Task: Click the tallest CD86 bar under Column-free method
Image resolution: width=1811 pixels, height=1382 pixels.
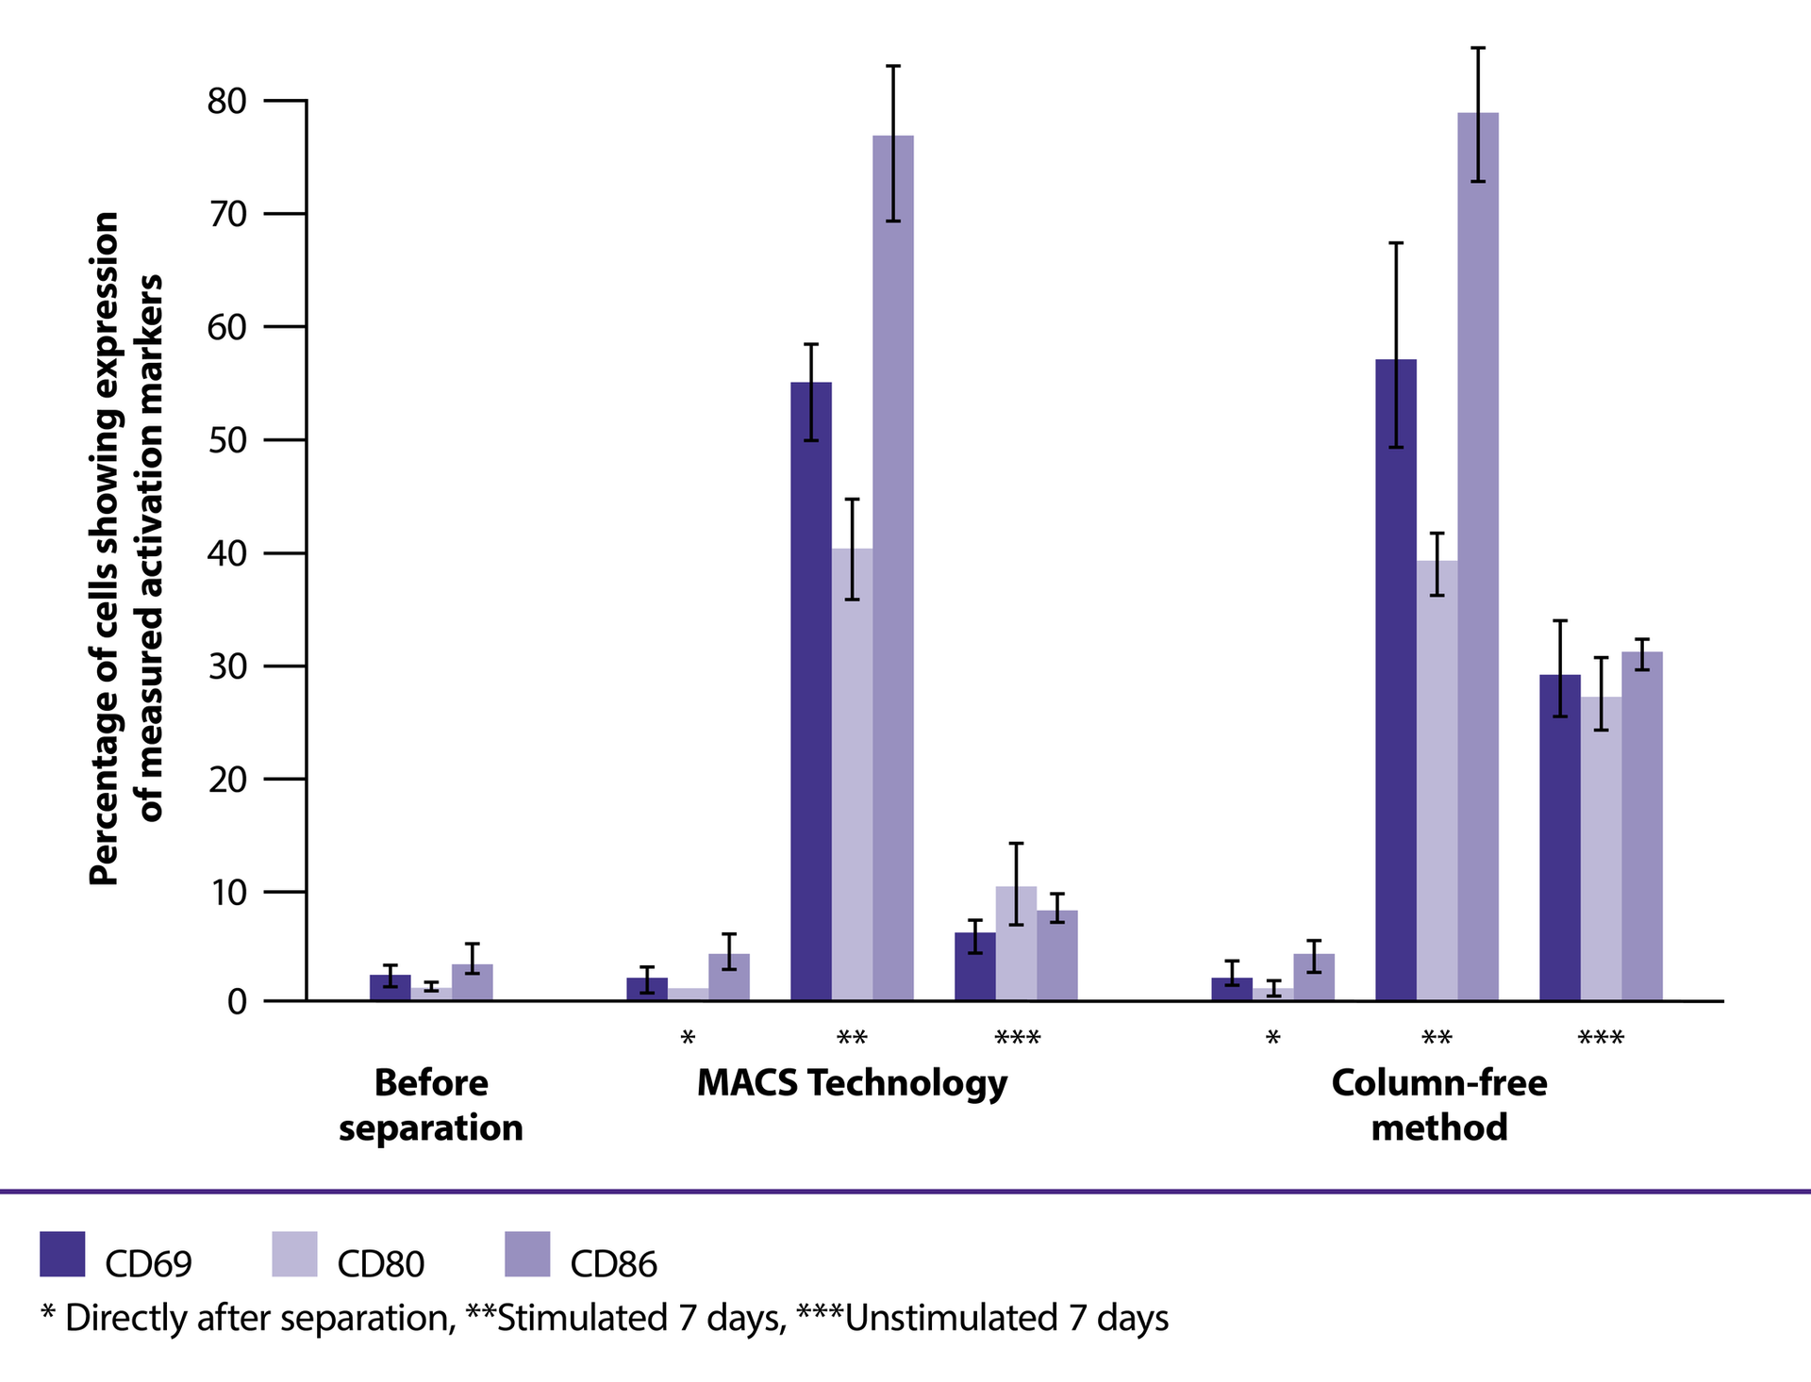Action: (1477, 556)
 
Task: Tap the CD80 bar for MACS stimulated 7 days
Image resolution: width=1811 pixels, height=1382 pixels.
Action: (852, 774)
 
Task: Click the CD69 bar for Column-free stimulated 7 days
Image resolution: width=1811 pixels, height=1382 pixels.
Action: (1395, 680)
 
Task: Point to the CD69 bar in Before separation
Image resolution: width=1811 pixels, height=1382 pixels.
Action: (390, 987)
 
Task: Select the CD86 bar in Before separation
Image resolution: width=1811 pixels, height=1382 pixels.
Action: (472, 982)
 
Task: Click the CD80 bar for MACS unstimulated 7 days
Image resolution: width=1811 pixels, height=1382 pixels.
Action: (1016, 943)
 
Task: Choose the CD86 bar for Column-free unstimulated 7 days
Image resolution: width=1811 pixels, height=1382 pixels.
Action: (1642, 826)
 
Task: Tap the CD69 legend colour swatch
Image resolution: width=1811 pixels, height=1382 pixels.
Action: (62, 1254)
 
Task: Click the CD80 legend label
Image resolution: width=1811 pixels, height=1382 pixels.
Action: (381, 1264)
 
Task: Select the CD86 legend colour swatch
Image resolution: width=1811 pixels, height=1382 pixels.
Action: (527, 1254)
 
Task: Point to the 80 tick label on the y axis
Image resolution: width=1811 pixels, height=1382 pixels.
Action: (226, 101)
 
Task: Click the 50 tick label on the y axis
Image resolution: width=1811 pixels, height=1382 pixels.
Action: (226, 440)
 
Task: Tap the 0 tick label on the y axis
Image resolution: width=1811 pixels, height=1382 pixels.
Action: (237, 1002)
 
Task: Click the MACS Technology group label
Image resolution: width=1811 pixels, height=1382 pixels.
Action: (852, 1083)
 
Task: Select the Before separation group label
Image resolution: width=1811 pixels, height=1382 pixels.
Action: (431, 1105)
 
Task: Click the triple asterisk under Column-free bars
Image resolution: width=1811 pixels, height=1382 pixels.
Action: (1601, 1040)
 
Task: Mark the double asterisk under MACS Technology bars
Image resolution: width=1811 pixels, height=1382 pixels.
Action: (852, 1040)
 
